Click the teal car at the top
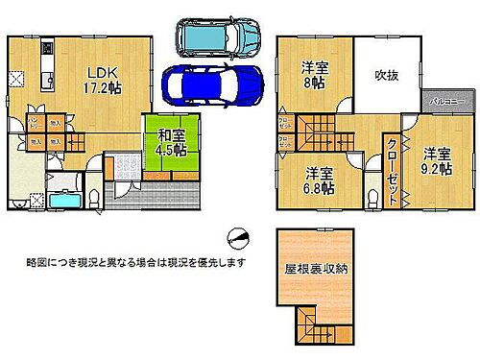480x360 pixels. click(x=217, y=36)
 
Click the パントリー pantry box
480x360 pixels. click(x=33, y=124)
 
